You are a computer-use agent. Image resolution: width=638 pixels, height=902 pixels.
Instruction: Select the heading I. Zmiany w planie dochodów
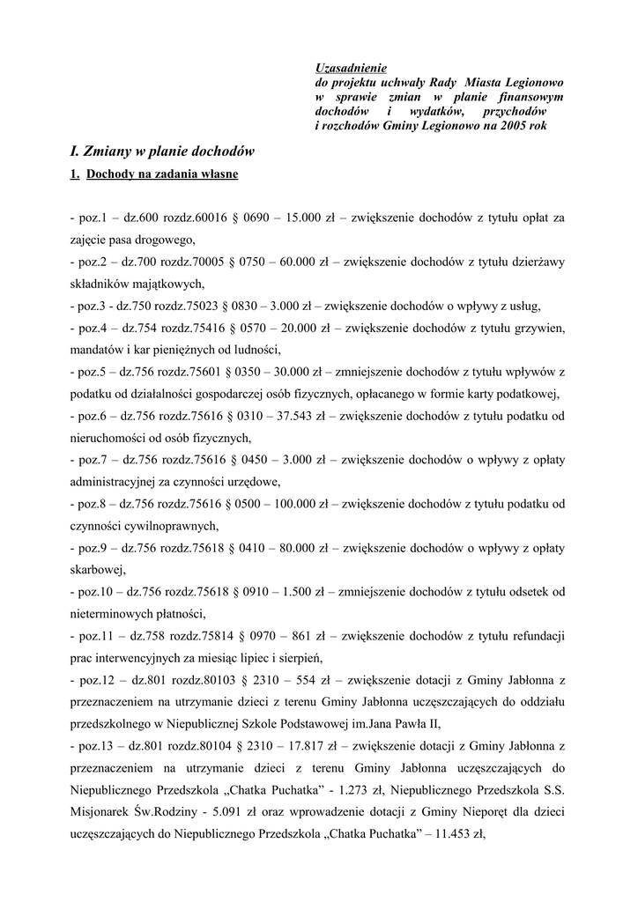coord(163,150)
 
